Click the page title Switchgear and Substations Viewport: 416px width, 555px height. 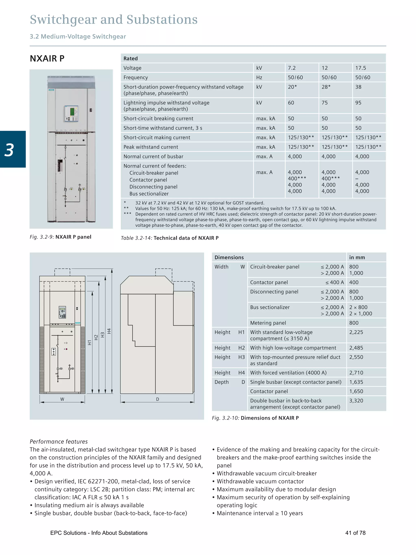pos(114,20)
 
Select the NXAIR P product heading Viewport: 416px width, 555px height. pos(47,59)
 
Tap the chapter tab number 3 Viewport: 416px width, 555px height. pos(10,150)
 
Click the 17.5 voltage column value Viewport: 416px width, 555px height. pos(360,68)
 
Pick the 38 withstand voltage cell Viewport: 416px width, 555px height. pos(358,87)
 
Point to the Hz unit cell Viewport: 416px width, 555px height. pos(259,78)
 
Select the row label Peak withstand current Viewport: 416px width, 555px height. pos(151,147)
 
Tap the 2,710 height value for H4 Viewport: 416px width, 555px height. pos(356,373)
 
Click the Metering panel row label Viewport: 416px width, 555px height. pos(268,323)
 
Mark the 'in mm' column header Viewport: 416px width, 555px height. pos(357,257)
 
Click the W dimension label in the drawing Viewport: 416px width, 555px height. pos(62,399)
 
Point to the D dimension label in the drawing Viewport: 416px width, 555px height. pos(157,399)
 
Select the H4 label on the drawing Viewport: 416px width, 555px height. pos(109,331)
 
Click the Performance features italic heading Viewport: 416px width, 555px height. pos(59,442)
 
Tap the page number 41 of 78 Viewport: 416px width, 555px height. pos(355,533)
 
